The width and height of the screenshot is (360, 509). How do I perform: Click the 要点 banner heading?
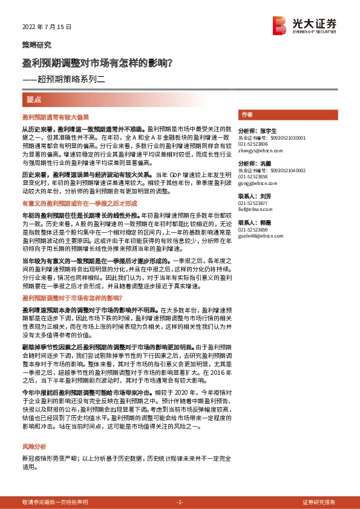pyautogui.click(x=34, y=99)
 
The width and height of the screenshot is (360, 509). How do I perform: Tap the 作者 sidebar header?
pyautogui.click(x=247, y=114)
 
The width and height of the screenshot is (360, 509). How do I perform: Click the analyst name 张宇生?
pyautogui.click(x=266, y=131)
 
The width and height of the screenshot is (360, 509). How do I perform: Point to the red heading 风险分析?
pyautogui.click(x=34, y=446)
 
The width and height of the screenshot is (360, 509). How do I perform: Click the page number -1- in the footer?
pyautogui.click(x=180, y=502)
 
